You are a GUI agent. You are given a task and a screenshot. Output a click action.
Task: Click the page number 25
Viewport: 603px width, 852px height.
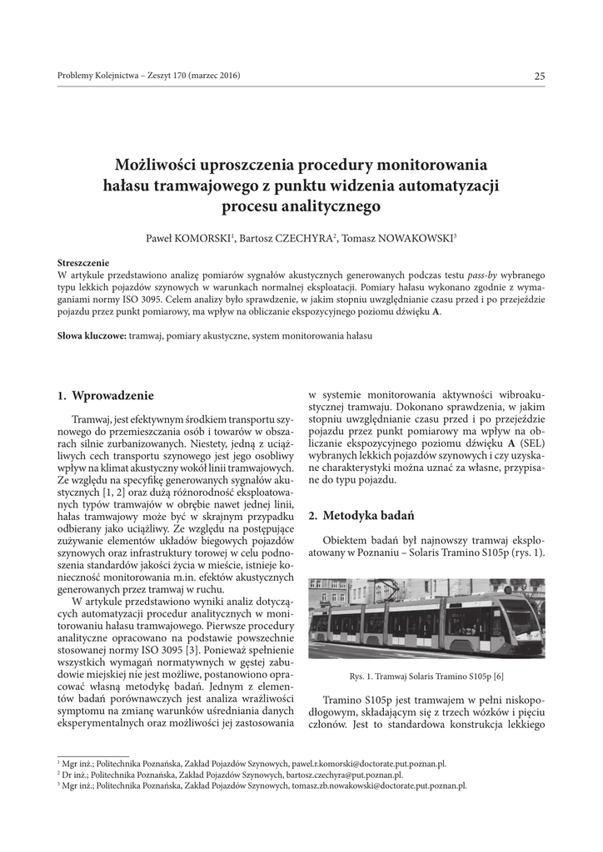(540, 77)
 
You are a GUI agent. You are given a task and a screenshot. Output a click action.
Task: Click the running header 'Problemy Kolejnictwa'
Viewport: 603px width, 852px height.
(94, 77)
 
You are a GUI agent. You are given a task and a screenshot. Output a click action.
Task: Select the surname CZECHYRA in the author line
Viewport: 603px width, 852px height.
(303, 239)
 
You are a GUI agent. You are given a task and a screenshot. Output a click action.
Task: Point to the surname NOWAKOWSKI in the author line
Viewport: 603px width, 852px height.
(412, 239)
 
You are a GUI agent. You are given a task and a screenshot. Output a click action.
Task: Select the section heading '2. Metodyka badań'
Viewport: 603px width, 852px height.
(351, 516)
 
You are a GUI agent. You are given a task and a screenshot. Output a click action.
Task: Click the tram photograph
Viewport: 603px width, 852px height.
(426, 618)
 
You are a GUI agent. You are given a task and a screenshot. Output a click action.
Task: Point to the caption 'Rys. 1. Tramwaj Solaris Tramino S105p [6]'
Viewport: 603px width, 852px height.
(426, 676)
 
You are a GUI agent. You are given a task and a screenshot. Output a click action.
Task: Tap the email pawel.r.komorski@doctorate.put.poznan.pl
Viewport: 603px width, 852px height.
(368, 763)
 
